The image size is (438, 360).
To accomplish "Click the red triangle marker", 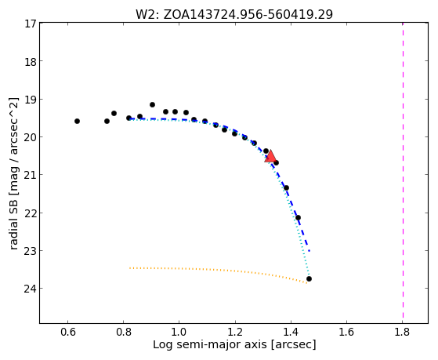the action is [x=270, y=156].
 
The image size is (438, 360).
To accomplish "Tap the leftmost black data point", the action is [x=77, y=121].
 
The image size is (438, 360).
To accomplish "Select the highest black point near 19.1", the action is [x=152, y=104].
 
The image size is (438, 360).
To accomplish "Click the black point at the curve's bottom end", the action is [x=309, y=279].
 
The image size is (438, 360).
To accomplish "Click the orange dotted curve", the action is [x=219, y=271].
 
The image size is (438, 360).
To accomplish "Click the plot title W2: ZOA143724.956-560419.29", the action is [x=234, y=14].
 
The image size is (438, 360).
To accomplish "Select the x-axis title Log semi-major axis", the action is [x=234, y=344].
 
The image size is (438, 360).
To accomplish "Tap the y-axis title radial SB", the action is [x=14, y=173].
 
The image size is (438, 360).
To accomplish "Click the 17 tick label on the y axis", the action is [x=31, y=24].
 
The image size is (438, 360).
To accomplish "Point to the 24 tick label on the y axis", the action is [x=31, y=289].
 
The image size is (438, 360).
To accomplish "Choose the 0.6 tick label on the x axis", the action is [x=67, y=332].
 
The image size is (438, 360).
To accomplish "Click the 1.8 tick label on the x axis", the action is [x=402, y=332].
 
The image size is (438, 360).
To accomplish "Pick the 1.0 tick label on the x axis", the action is [x=179, y=332].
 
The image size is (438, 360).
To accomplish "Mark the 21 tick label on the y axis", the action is [x=31, y=175].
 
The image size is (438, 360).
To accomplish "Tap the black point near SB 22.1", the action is [x=298, y=217].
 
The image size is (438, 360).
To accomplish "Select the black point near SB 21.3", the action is [x=286, y=187].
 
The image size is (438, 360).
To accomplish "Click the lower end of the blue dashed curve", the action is [x=309, y=251].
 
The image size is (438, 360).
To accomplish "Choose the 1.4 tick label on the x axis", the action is [x=291, y=332].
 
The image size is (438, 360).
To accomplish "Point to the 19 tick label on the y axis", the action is [x=31, y=100].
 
